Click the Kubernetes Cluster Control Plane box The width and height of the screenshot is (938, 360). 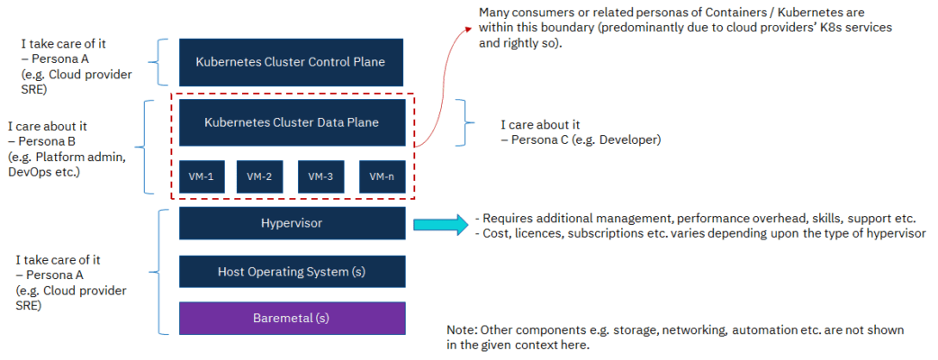(291, 62)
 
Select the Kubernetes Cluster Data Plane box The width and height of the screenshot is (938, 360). (291, 122)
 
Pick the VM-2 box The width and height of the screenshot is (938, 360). (260, 176)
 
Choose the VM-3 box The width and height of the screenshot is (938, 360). (320, 176)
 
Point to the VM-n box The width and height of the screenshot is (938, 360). (381, 176)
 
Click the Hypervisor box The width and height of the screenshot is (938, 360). (291, 223)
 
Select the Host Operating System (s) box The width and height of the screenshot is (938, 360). (291, 271)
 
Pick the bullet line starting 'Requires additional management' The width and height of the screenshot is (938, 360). (693, 219)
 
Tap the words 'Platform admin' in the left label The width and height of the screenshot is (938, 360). (73, 157)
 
